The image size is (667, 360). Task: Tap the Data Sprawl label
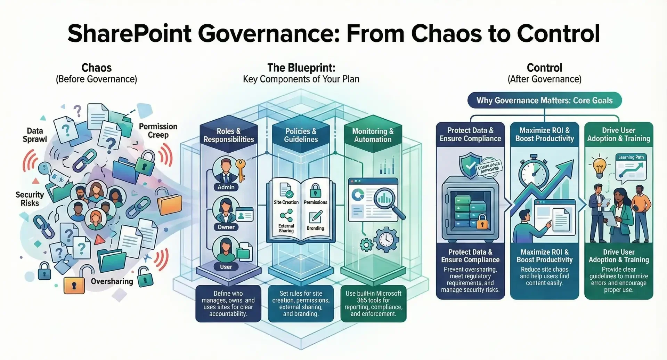click(x=35, y=135)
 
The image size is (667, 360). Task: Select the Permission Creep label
click(x=158, y=130)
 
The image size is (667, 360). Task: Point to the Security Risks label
click(x=30, y=199)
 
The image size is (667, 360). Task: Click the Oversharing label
click(x=112, y=281)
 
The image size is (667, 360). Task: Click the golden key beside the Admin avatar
click(x=240, y=169)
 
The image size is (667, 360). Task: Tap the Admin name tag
click(x=226, y=187)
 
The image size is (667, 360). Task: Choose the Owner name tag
click(x=226, y=227)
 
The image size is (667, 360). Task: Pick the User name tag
click(x=226, y=267)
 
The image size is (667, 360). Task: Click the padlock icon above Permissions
click(x=315, y=191)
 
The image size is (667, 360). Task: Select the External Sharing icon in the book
click(x=286, y=216)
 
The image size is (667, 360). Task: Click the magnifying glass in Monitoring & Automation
click(x=388, y=202)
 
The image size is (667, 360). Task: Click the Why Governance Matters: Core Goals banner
click(x=545, y=101)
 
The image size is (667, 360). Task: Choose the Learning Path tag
click(x=631, y=157)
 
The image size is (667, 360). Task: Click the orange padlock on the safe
click(x=482, y=222)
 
